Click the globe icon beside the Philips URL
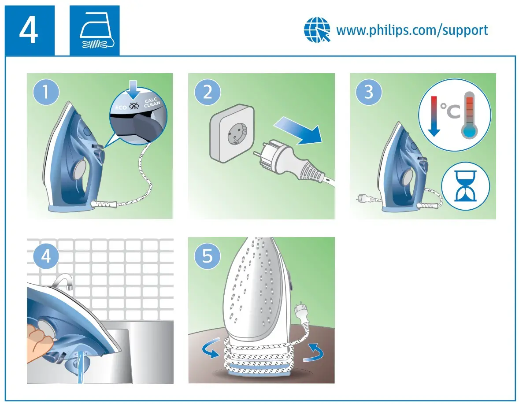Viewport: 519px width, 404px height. (x=317, y=30)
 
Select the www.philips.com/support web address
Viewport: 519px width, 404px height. (x=412, y=30)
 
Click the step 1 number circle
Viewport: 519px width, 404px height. (x=46, y=93)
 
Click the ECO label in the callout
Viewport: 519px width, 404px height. (x=120, y=107)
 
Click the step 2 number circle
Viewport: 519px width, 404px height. (x=207, y=93)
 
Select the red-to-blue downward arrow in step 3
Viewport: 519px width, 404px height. (x=434, y=115)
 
